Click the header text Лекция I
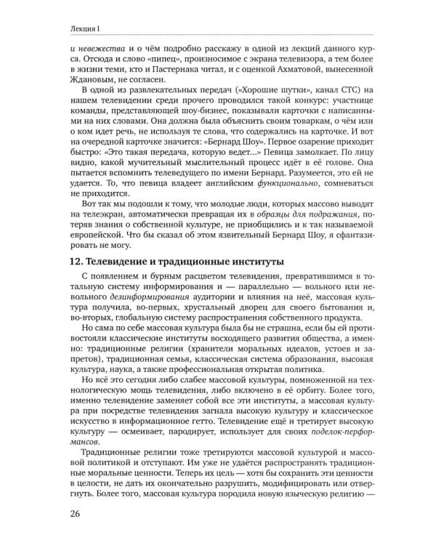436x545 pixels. (x=65, y=28)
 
